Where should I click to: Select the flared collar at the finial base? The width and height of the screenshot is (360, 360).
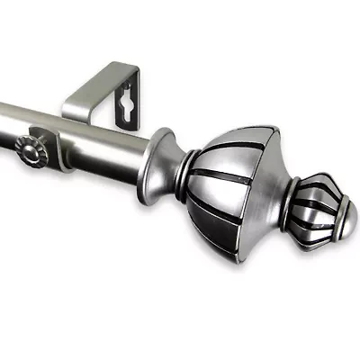click(162, 162)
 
